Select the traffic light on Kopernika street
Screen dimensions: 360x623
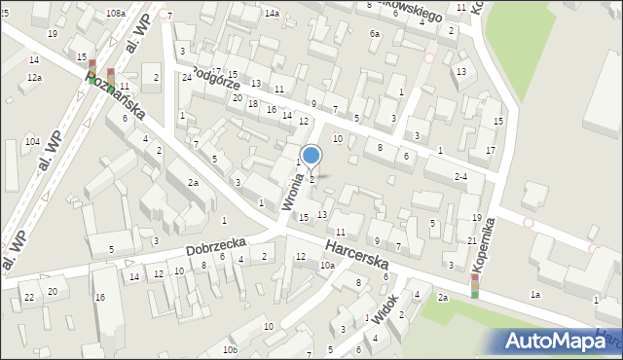click(475, 286)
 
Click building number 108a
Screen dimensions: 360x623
click(116, 13)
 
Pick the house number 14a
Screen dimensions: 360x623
click(272, 13)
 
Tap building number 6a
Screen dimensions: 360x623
click(375, 33)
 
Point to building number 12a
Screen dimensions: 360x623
click(34, 77)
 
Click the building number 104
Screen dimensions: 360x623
click(32, 142)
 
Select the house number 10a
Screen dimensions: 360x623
click(328, 265)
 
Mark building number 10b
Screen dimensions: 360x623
click(230, 349)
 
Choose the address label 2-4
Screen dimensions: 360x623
click(461, 176)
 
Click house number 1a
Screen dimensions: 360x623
click(534, 294)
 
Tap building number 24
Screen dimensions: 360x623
click(186, 77)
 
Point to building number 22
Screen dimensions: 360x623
click(29, 297)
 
